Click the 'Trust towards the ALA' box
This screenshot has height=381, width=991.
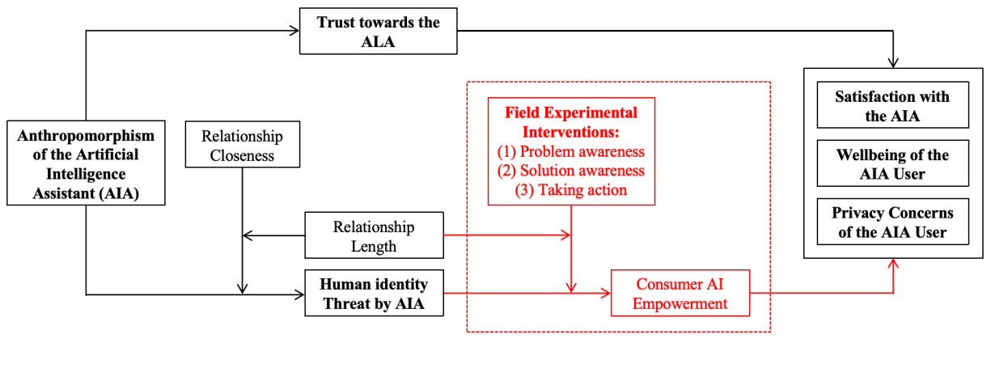(x=378, y=32)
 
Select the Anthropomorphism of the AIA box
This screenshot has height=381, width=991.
(x=85, y=163)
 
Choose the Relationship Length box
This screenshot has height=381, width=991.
(x=374, y=235)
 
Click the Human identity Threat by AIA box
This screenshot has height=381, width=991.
(x=374, y=294)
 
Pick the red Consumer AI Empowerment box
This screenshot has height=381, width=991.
(x=680, y=294)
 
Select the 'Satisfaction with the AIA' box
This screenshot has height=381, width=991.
(x=891, y=105)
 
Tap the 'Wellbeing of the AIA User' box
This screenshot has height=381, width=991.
(x=891, y=163)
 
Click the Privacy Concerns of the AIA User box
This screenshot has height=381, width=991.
(x=891, y=222)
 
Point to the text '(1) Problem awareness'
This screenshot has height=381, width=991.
(x=571, y=151)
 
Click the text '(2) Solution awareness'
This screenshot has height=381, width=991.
(x=571, y=170)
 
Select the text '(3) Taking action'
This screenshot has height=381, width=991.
(x=571, y=189)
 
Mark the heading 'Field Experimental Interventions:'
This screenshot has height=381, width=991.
(x=571, y=122)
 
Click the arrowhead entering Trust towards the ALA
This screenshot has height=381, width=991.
(x=294, y=32)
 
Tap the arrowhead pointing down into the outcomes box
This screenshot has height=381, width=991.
(x=893, y=63)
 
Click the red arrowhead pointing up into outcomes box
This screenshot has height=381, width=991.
(x=893, y=264)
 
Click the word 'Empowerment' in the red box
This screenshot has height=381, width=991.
(x=680, y=304)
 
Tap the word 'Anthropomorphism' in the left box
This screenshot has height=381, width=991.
(x=86, y=133)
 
